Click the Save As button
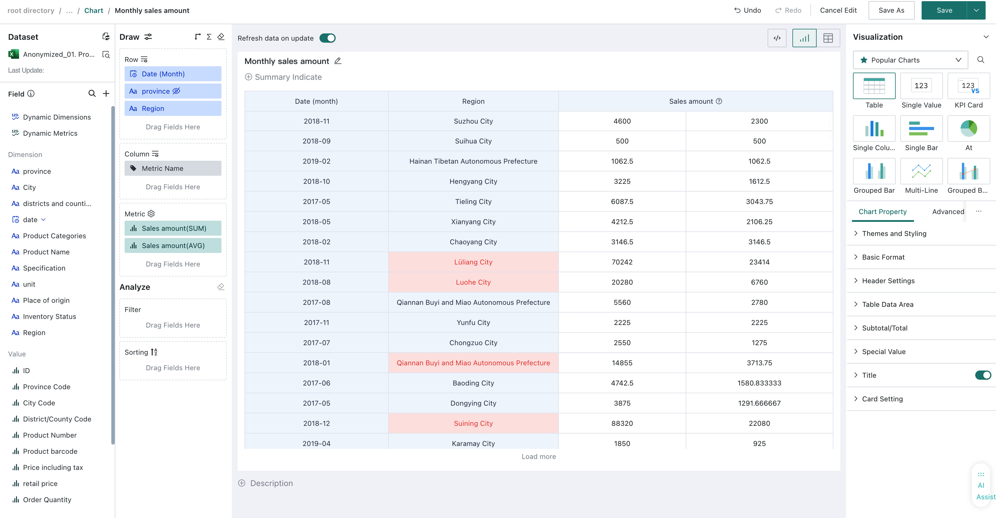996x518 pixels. coord(891,10)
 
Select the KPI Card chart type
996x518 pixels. coord(969,91)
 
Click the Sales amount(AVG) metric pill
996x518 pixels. coord(173,246)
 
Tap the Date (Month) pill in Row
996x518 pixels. coord(173,74)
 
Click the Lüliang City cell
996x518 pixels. coord(473,262)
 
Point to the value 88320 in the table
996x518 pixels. coord(622,424)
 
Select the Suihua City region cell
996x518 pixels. coord(473,141)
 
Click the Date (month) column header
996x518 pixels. coord(316,101)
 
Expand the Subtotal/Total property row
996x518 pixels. coord(885,328)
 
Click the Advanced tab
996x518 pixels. coord(948,212)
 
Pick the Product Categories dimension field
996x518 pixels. coord(55,236)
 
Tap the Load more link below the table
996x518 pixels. coord(539,457)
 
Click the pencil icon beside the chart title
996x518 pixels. coord(338,61)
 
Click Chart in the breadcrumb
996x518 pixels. coord(93,10)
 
